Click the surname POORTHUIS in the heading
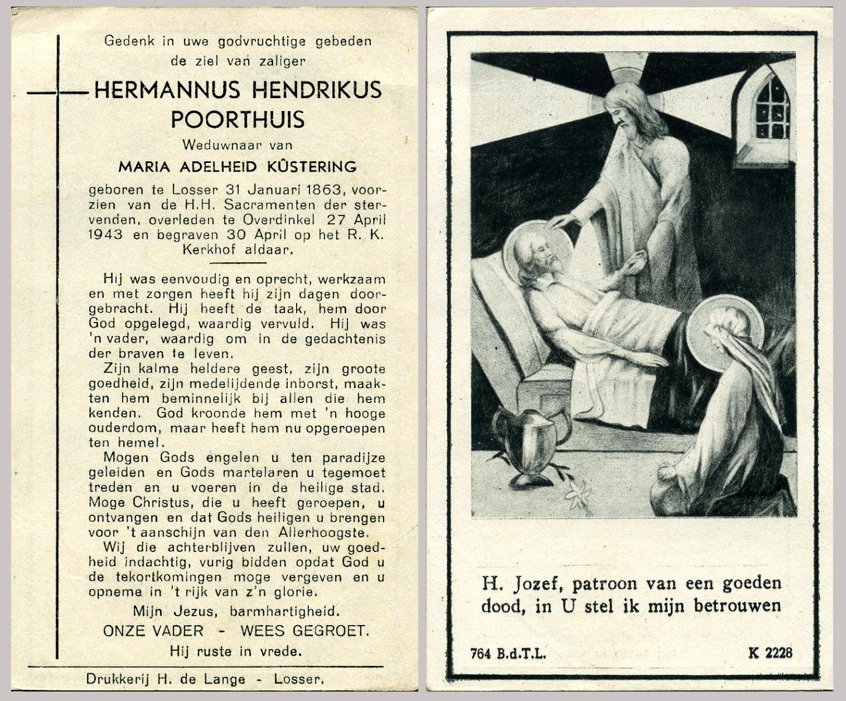(x=238, y=119)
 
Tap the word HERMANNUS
(x=167, y=90)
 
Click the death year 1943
(x=106, y=235)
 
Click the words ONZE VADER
(x=154, y=631)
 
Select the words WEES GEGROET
(x=305, y=631)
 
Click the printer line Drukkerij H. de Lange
(x=170, y=679)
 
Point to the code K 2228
(x=770, y=653)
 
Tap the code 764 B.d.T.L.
(x=508, y=653)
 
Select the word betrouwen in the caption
(x=737, y=605)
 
